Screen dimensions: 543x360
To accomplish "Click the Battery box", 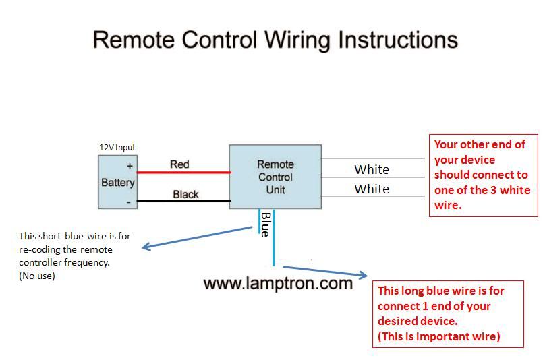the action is point(118,182).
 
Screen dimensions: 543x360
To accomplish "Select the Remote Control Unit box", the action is point(275,177).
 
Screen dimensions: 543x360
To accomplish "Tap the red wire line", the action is point(184,172).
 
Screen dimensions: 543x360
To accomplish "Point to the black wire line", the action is point(184,200).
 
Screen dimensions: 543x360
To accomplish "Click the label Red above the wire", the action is point(179,164).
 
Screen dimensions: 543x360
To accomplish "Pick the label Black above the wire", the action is point(185,194).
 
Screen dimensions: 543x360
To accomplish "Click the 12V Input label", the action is point(117,148).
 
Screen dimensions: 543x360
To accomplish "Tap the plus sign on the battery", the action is point(130,166).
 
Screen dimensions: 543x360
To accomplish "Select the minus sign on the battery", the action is point(128,202).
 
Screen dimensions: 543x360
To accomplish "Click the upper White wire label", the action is point(372,169).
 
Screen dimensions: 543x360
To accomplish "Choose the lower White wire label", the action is point(372,189).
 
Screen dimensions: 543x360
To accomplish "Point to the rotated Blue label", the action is point(266,224).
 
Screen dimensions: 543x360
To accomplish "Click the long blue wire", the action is point(274,237).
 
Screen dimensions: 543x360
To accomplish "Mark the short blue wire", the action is point(259,221).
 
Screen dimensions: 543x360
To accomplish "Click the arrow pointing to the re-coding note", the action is point(197,237).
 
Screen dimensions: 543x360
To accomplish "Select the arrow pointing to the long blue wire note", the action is point(325,272).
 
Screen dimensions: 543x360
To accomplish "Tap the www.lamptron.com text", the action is point(278,283).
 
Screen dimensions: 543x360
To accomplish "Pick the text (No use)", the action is point(37,276).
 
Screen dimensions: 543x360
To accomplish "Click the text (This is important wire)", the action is point(438,336).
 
